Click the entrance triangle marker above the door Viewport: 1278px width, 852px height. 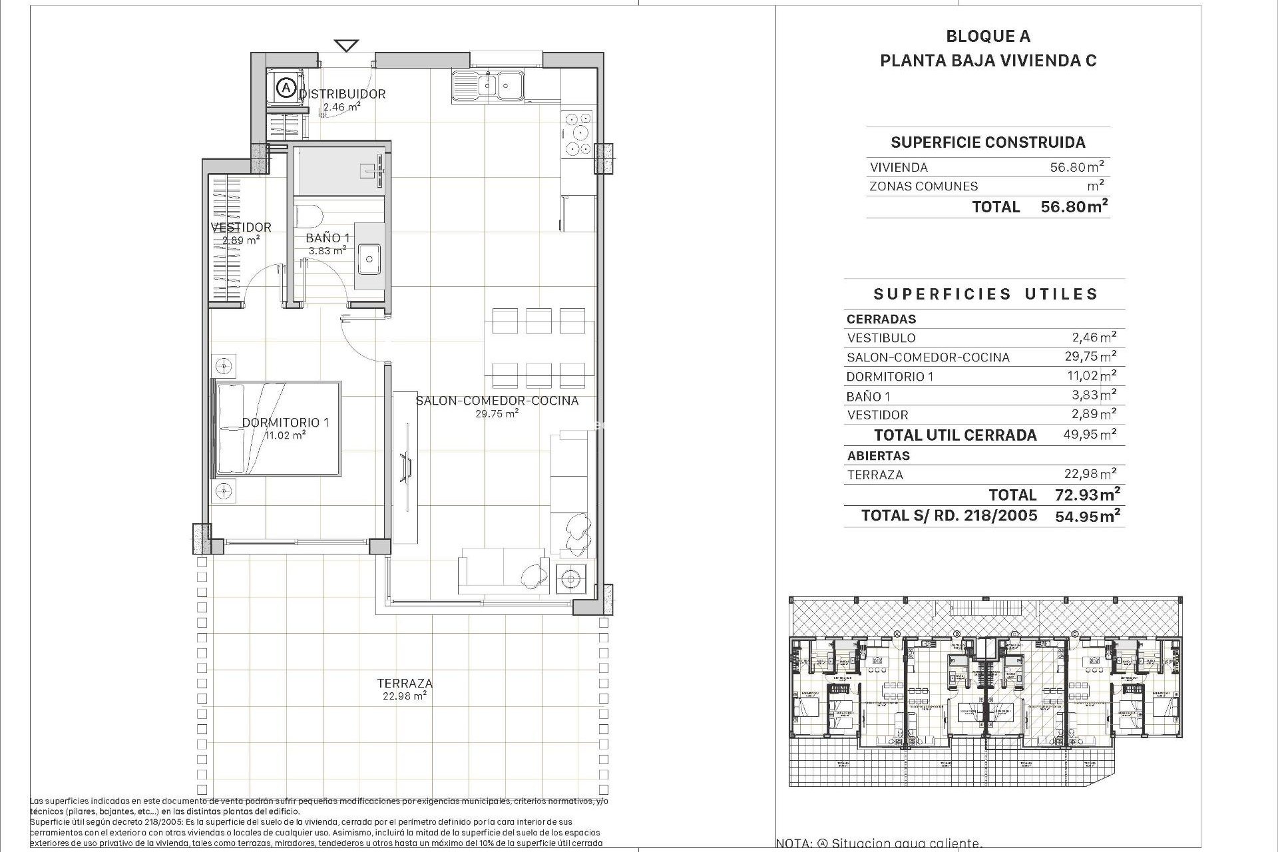tap(346, 46)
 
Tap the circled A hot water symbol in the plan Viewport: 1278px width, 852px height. tap(286, 87)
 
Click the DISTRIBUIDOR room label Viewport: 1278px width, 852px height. tap(342, 94)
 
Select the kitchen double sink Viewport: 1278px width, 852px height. tap(488, 85)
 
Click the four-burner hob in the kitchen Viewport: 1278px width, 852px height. tap(577, 134)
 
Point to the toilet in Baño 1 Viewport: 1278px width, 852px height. tap(308, 216)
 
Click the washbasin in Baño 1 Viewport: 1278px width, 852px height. tap(368, 258)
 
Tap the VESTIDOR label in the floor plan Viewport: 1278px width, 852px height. tap(241, 227)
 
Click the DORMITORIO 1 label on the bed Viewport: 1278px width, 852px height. tap(286, 423)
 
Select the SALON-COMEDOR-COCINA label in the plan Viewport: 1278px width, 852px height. tap(497, 401)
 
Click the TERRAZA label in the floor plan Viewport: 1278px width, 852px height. tap(405, 683)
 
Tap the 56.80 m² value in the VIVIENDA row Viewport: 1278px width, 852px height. tap(1077, 167)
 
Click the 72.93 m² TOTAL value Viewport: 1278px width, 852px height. tap(1087, 495)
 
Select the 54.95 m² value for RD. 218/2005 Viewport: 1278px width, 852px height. tap(1087, 515)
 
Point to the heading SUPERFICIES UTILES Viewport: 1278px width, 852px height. tap(985, 294)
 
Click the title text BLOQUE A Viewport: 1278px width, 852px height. tap(988, 37)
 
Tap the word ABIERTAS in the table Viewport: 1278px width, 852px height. tap(878, 456)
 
